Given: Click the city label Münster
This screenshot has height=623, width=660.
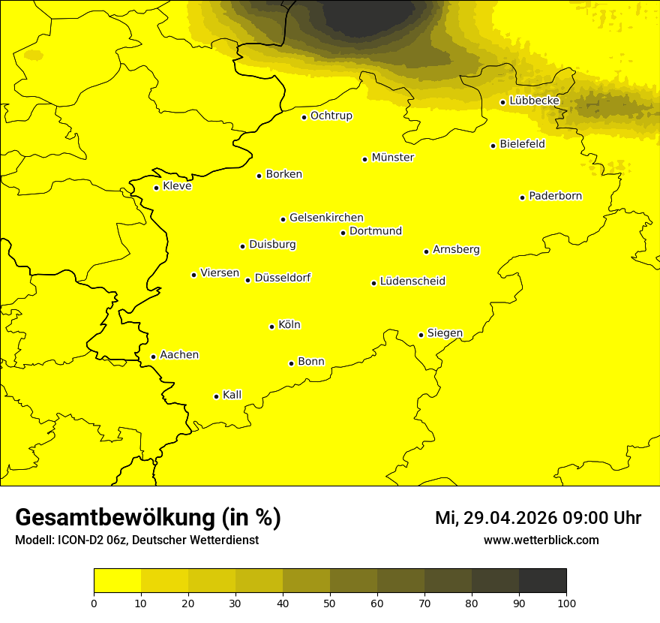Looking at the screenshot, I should click(x=392, y=158).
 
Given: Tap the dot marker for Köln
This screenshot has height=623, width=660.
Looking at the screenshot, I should click(x=272, y=327).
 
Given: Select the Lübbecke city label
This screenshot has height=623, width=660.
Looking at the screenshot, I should click(x=534, y=101).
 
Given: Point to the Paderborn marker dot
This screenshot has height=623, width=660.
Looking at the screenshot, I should click(x=523, y=197).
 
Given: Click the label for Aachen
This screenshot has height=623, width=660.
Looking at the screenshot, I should click(x=179, y=355).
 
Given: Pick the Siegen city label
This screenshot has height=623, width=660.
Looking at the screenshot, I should click(x=445, y=333).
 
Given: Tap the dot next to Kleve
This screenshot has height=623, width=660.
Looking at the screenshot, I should click(x=157, y=188).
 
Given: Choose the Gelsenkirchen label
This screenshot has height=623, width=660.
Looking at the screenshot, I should click(x=326, y=218).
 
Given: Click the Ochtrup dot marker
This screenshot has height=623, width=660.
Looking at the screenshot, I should click(x=304, y=117).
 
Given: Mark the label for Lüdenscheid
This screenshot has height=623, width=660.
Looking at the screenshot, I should click(x=412, y=281).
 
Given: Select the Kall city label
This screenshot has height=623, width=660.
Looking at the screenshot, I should click(x=232, y=395).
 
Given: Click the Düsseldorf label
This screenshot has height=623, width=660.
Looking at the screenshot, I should click(x=283, y=278).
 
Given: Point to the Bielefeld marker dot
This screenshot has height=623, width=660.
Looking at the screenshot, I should click(x=493, y=146).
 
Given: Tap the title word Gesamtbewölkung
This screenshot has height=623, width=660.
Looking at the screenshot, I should click(x=116, y=518).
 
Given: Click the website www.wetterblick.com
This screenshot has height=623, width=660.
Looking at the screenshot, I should click(x=541, y=540).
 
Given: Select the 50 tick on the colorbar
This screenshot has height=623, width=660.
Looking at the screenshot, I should click(x=330, y=602).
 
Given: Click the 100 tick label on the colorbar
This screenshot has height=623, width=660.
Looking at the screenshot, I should click(x=566, y=602).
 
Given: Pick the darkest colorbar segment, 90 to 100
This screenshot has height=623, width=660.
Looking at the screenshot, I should click(x=542, y=581).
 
